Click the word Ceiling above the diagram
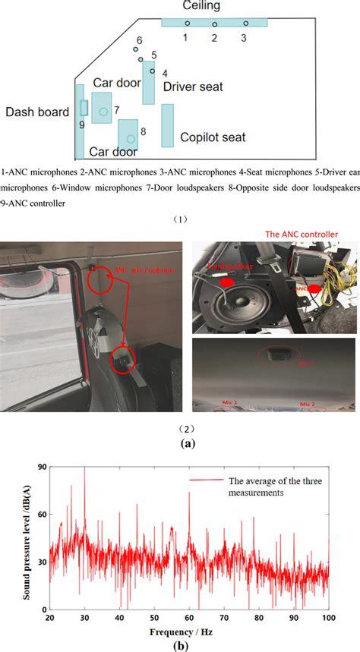[201, 6]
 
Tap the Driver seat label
[193, 87]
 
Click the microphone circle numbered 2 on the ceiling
[214, 24]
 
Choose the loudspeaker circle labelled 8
[131, 139]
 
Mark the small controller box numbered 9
[84, 107]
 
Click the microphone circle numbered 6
[135, 50]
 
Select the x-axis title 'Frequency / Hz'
[188, 632]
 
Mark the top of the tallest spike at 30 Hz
[84, 468]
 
